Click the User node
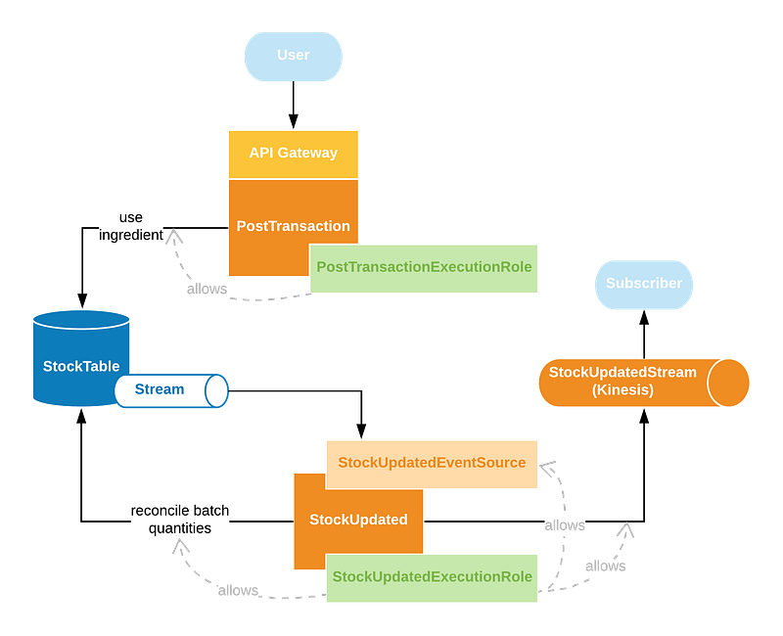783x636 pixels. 293,57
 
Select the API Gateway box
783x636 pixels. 293,155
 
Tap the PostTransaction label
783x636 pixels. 293,226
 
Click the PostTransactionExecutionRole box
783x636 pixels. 424,268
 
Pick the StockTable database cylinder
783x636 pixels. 81,358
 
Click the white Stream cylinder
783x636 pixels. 171,390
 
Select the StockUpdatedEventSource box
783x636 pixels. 432,464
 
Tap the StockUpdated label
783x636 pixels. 358,520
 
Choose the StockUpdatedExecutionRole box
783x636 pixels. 432,577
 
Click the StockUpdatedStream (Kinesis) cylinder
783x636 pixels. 644,383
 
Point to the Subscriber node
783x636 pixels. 644,285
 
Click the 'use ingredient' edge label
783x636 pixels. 131,226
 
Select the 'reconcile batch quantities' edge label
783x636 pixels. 180,520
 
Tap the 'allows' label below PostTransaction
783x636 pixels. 207,289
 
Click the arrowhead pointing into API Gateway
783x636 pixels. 293,122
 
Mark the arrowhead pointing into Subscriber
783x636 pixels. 644,317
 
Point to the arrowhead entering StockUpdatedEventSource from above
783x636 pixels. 361,432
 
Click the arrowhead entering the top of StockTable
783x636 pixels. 82,301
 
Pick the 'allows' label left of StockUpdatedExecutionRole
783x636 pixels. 238,591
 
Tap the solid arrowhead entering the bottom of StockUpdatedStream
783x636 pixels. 644,415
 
